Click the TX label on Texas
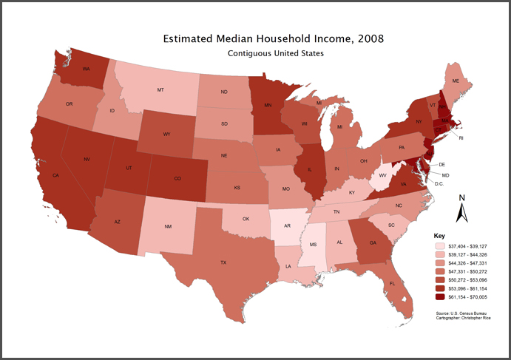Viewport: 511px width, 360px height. pyautogui.click(x=222, y=262)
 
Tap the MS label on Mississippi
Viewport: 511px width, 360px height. pyautogui.click(x=314, y=244)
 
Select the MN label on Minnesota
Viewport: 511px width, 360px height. pyautogui.click(x=267, y=105)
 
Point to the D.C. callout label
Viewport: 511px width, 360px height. pyautogui.click(x=438, y=183)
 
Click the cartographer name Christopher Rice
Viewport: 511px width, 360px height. pyautogui.click(x=478, y=319)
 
